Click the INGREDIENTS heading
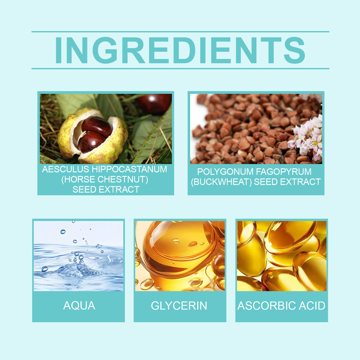(180, 50)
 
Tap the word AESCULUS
(66, 169)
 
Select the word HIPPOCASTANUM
(129, 169)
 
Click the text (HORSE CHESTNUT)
(105, 180)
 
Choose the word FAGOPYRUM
(284, 172)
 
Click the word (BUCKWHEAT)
(221, 182)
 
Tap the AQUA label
(79, 306)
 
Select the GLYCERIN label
(179, 306)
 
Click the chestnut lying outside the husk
(155, 104)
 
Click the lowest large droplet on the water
(45, 269)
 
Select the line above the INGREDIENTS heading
(180, 32)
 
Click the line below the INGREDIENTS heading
(180, 69)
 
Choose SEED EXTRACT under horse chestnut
(106, 189)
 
